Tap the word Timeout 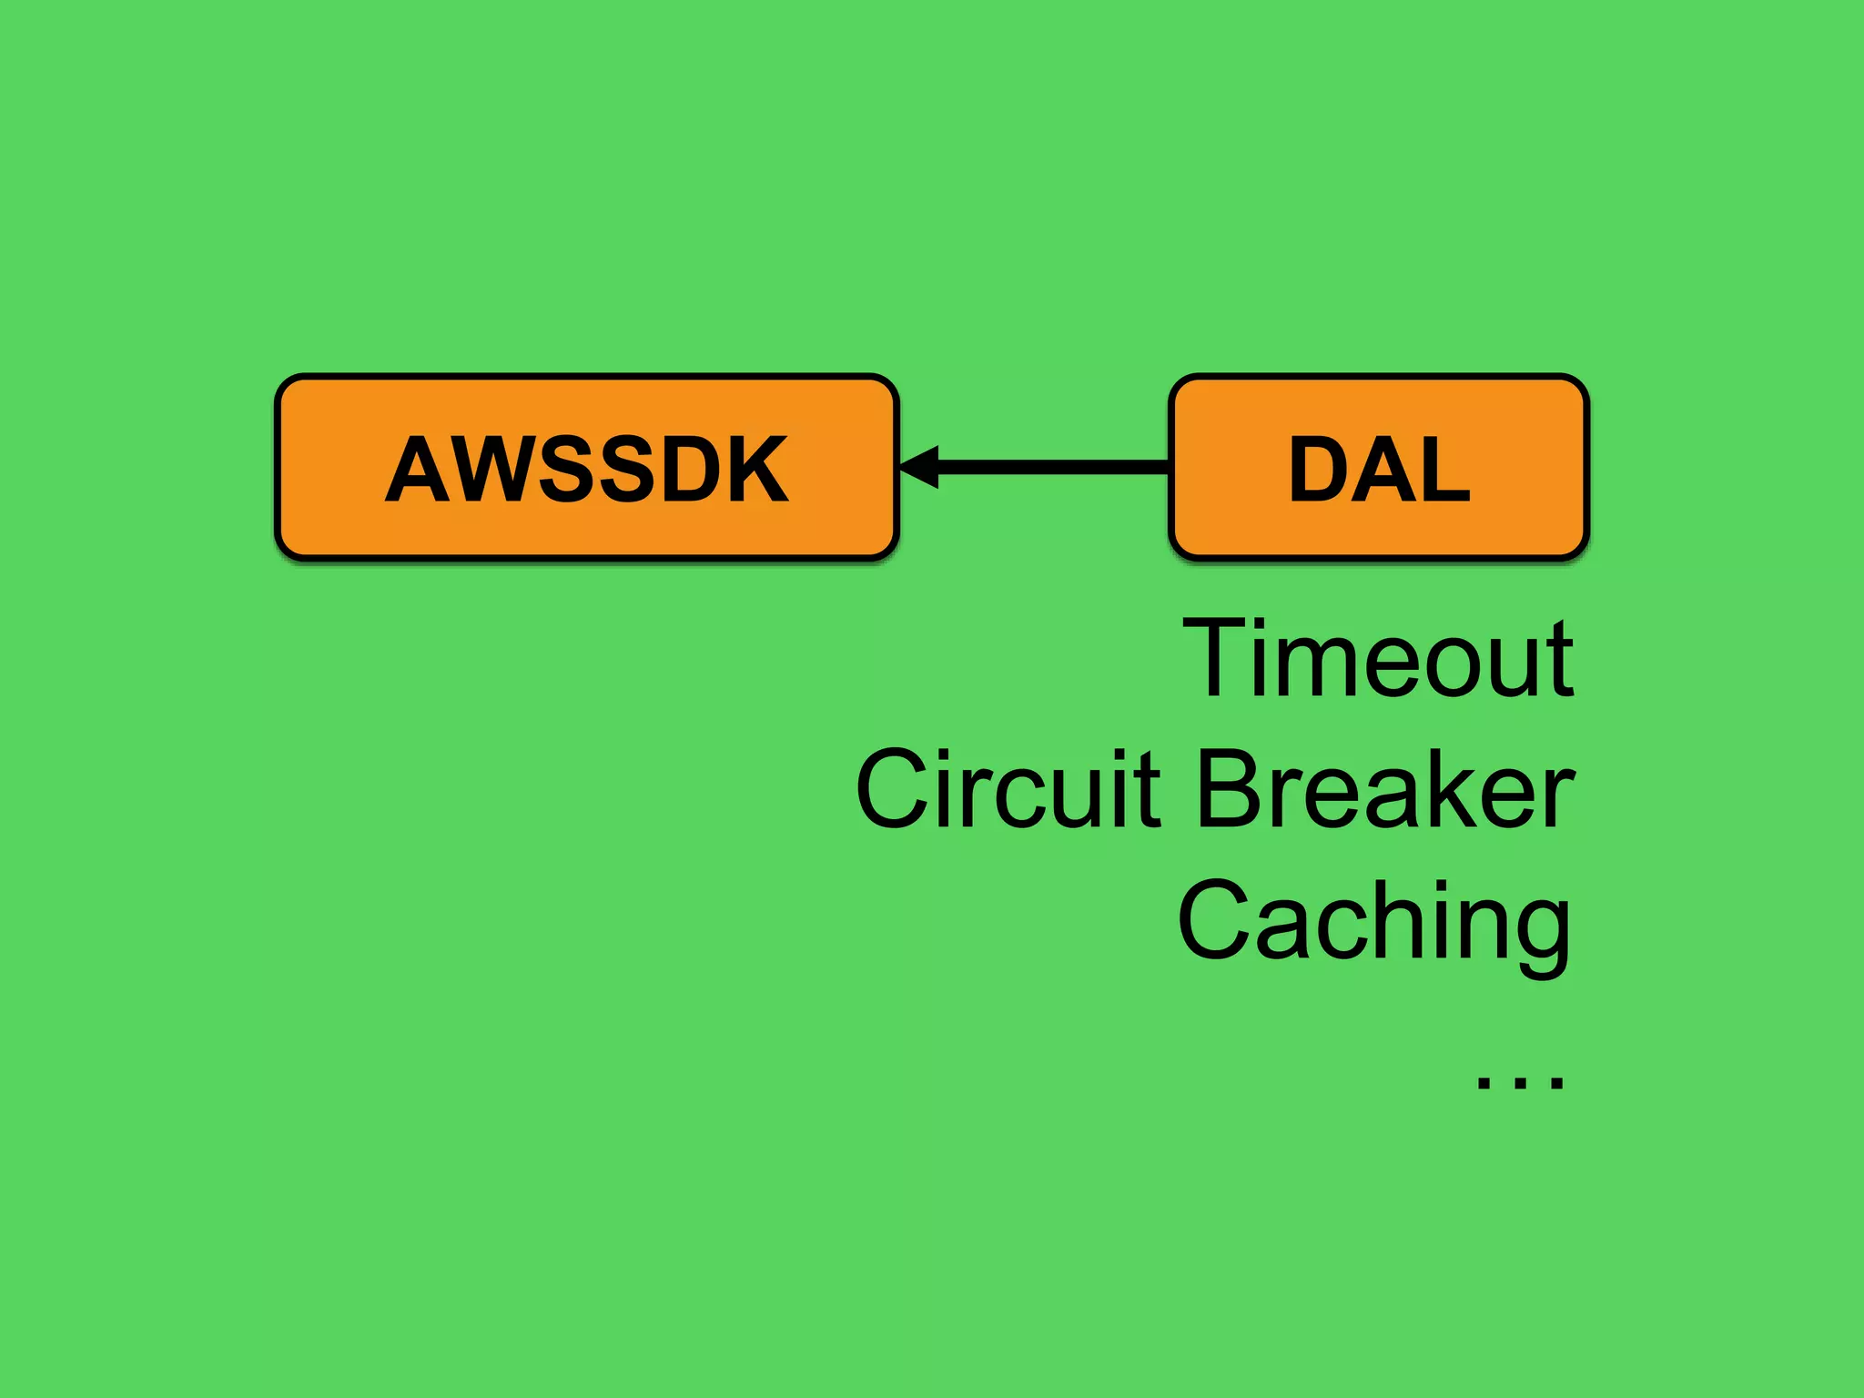[x=1378, y=657]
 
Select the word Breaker [x=1385, y=788]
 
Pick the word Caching [x=1374, y=921]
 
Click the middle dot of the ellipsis [x=1520, y=1083]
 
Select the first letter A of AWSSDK [x=417, y=469]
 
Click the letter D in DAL [x=1318, y=469]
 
